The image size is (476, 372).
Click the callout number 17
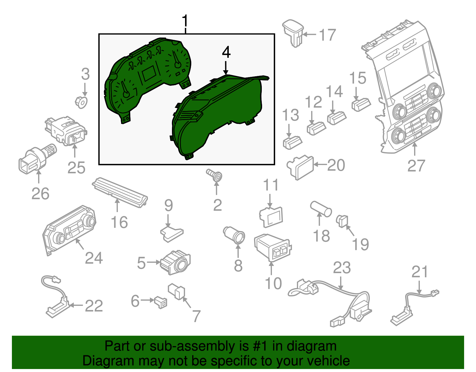point(328,35)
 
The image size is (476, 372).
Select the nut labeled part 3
point(81,102)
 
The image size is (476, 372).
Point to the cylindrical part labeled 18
point(321,209)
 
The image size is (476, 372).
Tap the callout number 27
point(416,166)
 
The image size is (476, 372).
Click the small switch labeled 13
point(292,142)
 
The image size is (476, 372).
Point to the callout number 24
point(94,258)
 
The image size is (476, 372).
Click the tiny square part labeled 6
point(161,302)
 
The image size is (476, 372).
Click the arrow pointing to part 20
point(320,164)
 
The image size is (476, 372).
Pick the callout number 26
point(40,194)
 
